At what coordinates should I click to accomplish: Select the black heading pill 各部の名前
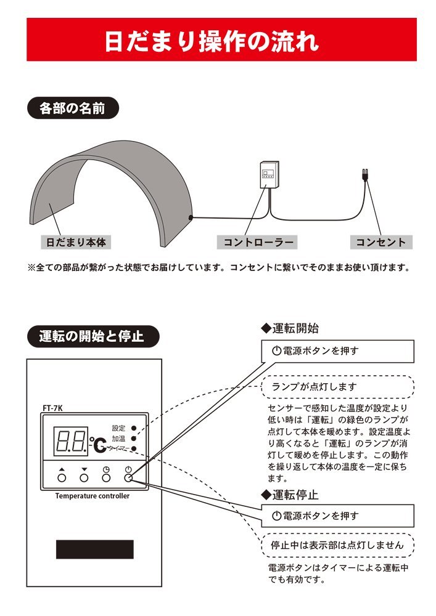click(72, 109)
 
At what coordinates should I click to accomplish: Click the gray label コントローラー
click(257, 242)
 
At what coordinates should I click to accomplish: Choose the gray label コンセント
click(380, 242)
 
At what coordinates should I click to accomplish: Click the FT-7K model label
click(53, 407)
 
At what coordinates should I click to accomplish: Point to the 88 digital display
click(70, 440)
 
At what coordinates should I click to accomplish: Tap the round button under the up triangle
click(62, 477)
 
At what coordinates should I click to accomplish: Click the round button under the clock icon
click(106, 477)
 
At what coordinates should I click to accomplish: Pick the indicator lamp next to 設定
click(133, 428)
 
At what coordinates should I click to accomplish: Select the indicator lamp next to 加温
click(133, 438)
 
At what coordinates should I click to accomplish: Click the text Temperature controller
click(93, 496)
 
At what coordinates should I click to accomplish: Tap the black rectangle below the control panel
click(94, 549)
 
